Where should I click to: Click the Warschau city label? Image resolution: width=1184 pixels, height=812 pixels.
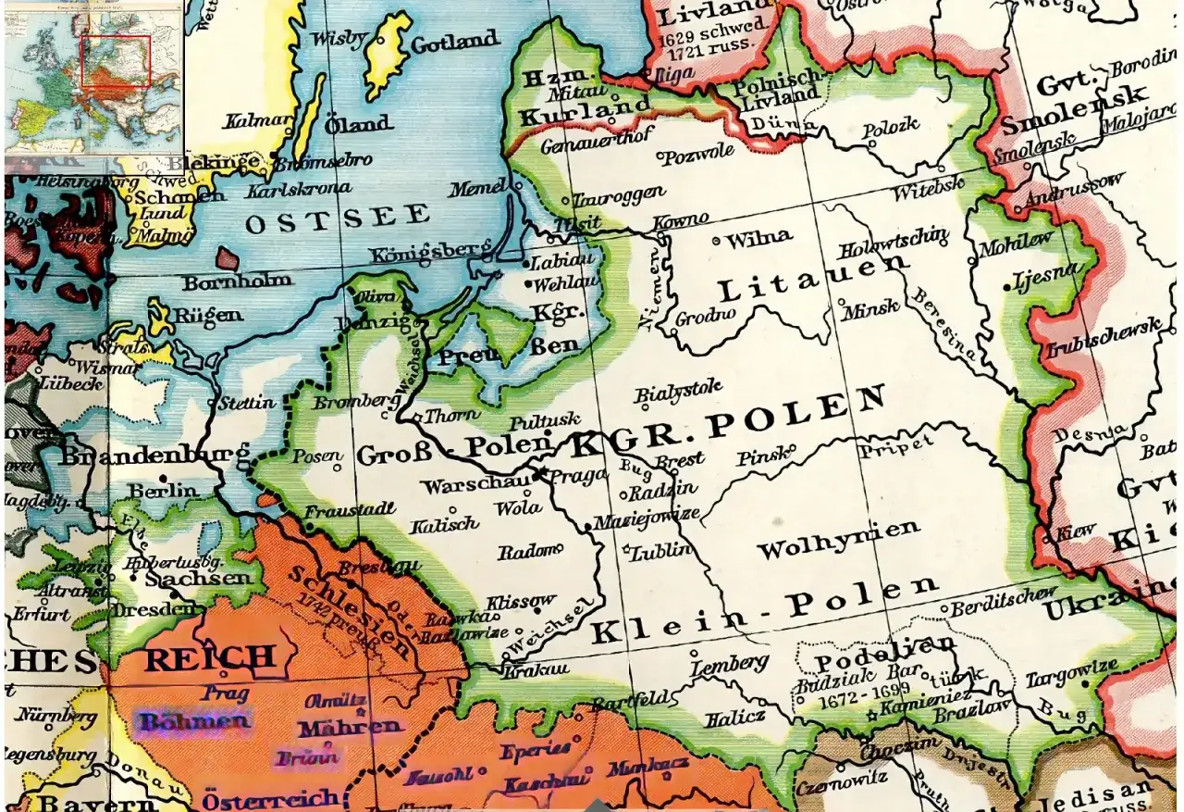coord(475,484)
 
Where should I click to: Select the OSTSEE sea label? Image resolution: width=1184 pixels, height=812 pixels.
coord(338,219)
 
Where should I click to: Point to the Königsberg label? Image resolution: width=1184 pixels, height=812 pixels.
coord(428,252)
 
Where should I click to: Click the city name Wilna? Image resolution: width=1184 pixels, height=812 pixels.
coord(758,238)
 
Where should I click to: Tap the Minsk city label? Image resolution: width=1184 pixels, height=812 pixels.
coord(869,310)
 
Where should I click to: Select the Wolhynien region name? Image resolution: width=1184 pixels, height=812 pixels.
coord(838,540)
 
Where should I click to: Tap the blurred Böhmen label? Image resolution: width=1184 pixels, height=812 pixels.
coord(193,721)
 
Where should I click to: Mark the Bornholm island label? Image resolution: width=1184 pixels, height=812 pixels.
coord(237,281)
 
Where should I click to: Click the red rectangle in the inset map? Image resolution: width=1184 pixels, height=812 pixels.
coord(116,61)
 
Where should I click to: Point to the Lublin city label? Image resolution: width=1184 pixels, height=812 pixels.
coord(660,552)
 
